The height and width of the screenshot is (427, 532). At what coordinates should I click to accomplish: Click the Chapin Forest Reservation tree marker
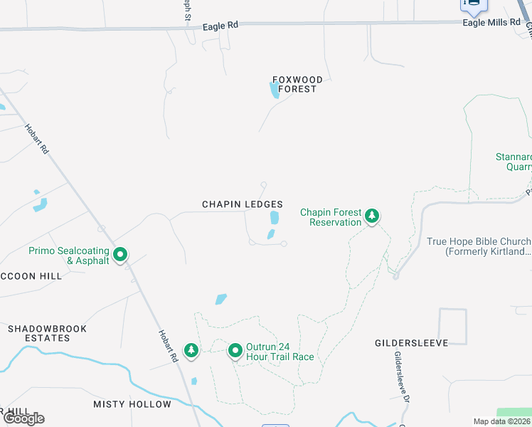(371, 216)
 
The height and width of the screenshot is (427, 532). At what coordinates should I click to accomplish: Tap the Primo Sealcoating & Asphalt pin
(121, 253)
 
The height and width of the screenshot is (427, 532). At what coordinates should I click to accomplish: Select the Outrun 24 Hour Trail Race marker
(235, 350)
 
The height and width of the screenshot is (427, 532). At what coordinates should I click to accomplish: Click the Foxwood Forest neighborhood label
(298, 84)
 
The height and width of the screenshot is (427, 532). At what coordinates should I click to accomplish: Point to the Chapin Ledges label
(243, 204)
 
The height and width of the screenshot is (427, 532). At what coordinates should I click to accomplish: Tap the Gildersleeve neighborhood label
(412, 343)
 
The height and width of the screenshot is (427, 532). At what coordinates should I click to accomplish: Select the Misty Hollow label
(132, 404)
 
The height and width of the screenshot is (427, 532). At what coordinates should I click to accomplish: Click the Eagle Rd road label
(220, 26)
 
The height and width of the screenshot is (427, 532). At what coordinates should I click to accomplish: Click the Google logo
(24, 418)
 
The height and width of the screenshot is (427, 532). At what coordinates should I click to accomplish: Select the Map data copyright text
(501, 421)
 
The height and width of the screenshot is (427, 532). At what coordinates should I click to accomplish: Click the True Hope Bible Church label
(479, 246)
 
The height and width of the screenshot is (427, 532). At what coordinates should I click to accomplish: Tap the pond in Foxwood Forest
(274, 90)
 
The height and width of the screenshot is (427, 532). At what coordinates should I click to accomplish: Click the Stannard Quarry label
(514, 162)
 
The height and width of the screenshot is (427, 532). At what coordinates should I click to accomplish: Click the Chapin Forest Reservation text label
(331, 217)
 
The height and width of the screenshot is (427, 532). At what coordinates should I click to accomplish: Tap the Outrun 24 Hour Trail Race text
(280, 352)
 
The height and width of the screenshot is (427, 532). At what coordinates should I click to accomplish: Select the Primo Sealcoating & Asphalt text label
(69, 255)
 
